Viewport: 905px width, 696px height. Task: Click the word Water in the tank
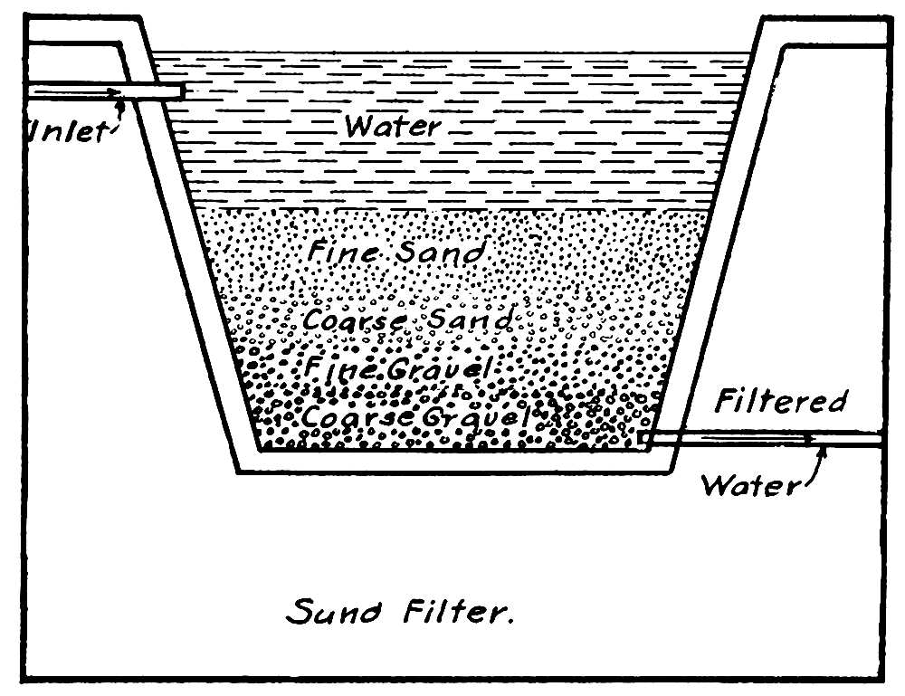[392, 126]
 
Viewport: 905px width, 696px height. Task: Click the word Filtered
[780, 401]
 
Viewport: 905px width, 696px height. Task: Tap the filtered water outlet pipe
[760, 439]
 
